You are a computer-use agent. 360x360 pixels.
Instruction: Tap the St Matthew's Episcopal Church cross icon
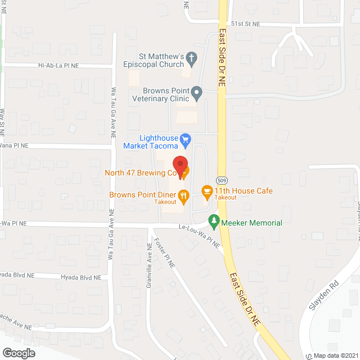(x=191, y=57)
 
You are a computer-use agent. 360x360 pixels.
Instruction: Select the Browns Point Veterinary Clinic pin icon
(x=196, y=92)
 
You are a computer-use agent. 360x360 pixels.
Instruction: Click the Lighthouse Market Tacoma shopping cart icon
(x=185, y=139)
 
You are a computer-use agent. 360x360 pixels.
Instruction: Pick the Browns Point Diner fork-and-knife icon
(x=183, y=195)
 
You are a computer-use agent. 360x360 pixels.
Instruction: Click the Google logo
(x=19, y=353)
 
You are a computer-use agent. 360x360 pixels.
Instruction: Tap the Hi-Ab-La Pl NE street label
(x=58, y=66)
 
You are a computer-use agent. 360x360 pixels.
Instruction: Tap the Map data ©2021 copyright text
(x=335, y=355)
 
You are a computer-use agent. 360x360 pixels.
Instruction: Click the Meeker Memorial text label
(x=251, y=223)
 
